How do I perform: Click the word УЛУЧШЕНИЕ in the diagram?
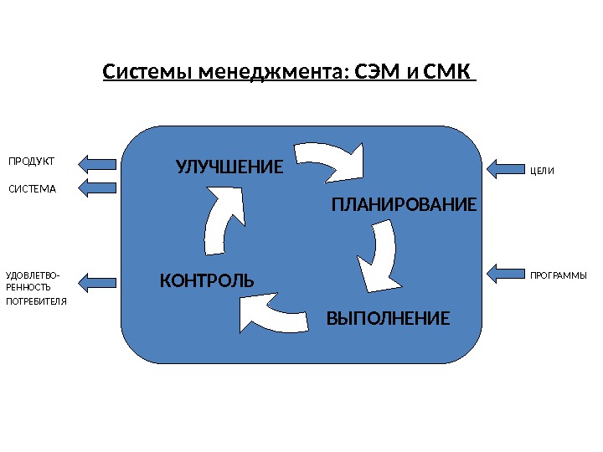(x=230, y=167)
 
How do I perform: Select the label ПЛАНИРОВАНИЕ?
(x=404, y=205)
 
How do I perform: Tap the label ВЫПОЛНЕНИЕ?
(x=388, y=319)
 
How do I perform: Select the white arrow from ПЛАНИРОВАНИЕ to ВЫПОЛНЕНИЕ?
(x=379, y=254)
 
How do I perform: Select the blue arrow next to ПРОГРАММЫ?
(x=504, y=273)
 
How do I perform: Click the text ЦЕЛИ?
(x=543, y=170)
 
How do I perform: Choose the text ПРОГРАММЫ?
(x=559, y=275)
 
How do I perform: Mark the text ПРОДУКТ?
(x=31, y=161)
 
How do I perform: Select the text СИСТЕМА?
(x=32, y=189)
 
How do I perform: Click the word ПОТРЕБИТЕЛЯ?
(x=36, y=300)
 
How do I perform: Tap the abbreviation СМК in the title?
(x=448, y=72)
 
